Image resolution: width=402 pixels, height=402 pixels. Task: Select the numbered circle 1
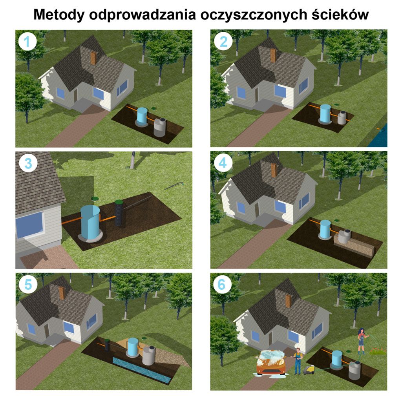pos(27,41)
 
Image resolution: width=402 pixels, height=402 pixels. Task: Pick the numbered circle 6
pos(222,285)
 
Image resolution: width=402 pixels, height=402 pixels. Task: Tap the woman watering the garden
pos(360,341)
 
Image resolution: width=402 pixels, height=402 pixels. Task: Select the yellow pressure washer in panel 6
pos(309,369)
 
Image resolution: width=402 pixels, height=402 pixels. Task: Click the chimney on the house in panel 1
pos(93,58)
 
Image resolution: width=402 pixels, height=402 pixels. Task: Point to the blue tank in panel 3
pos(90,222)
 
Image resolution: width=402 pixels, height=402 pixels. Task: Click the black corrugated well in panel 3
pos(119,214)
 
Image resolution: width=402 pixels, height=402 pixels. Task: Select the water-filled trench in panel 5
pos(141,369)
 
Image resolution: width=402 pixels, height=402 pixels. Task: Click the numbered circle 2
pos(222,41)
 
